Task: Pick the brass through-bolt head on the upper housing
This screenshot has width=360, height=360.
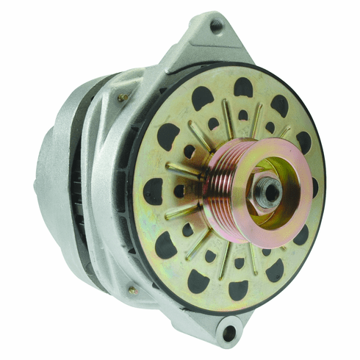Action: tap(122, 97)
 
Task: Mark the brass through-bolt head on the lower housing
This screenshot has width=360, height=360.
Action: tap(132, 291)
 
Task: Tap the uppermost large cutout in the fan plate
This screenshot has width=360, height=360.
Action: tap(243, 87)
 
